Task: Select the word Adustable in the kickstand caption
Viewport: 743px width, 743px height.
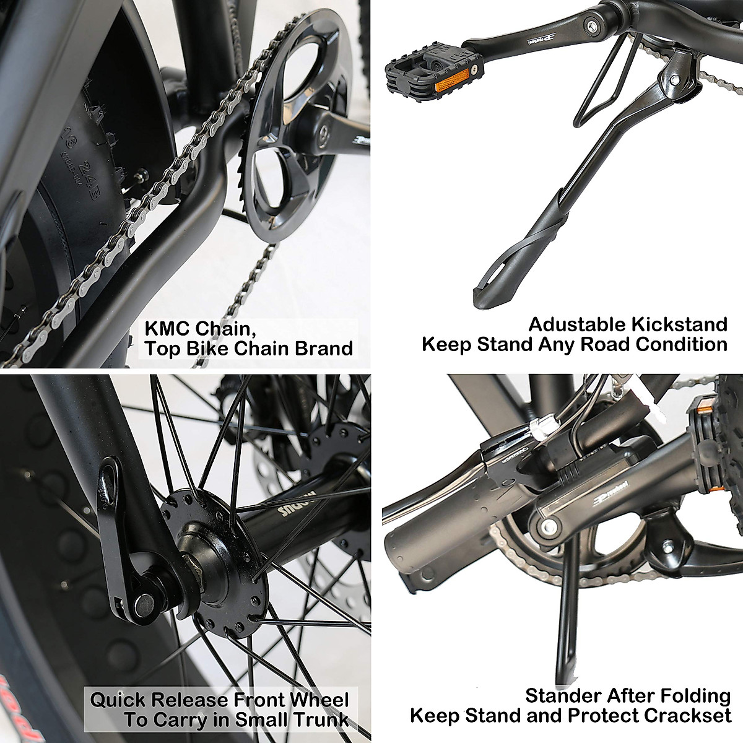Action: pyautogui.click(x=576, y=324)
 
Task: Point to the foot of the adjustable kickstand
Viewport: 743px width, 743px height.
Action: pyautogui.click(x=495, y=291)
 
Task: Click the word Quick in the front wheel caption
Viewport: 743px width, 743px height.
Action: pyautogui.click(x=118, y=700)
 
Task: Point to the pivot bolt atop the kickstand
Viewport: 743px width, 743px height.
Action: pyautogui.click(x=674, y=81)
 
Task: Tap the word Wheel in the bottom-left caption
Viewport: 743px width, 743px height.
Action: pyautogui.click(x=322, y=700)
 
